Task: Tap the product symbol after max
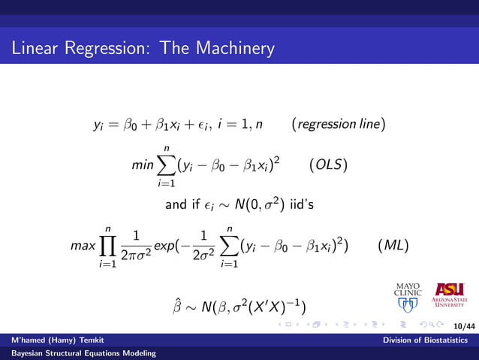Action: coord(109,245)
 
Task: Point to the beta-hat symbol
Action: coord(177,305)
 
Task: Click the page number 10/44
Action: coord(465,326)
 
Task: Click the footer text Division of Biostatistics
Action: coord(429,340)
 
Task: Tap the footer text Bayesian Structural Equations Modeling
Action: coord(78,353)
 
